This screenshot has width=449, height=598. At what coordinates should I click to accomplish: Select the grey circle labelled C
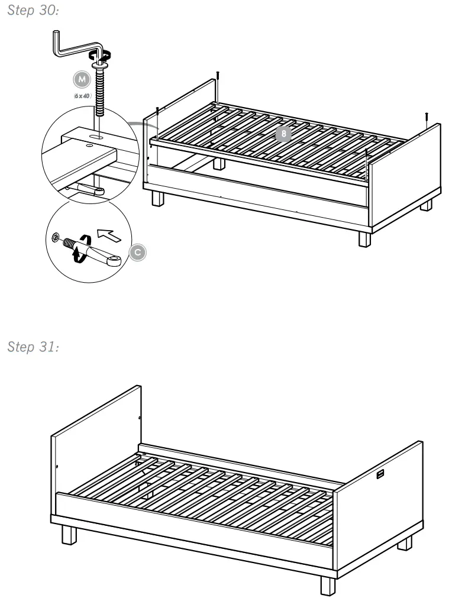click(137, 252)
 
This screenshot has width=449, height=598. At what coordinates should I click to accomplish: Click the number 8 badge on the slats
click(284, 134)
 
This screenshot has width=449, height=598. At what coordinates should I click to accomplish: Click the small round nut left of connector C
click(56, 237)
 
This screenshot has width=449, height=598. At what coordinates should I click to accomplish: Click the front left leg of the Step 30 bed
click(157, 198)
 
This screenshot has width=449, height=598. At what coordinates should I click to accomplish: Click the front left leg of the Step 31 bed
click(70, 534)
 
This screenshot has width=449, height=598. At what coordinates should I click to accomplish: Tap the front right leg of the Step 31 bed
click(328, 584)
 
